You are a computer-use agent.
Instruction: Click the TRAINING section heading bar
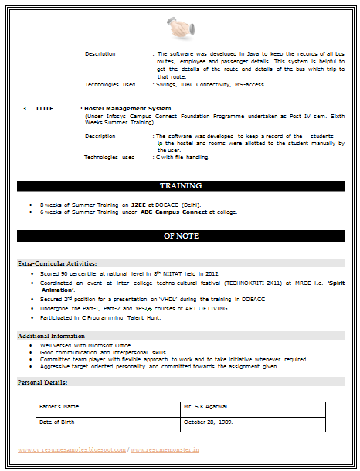click(180, 186)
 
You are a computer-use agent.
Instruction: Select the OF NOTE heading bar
click(180, 235)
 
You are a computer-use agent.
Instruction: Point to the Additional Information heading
click(51, 336)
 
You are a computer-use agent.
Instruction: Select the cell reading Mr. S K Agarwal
click(205, 406)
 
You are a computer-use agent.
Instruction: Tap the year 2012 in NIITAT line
click(212, 273)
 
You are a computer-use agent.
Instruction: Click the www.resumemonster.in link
click(165, 449)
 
